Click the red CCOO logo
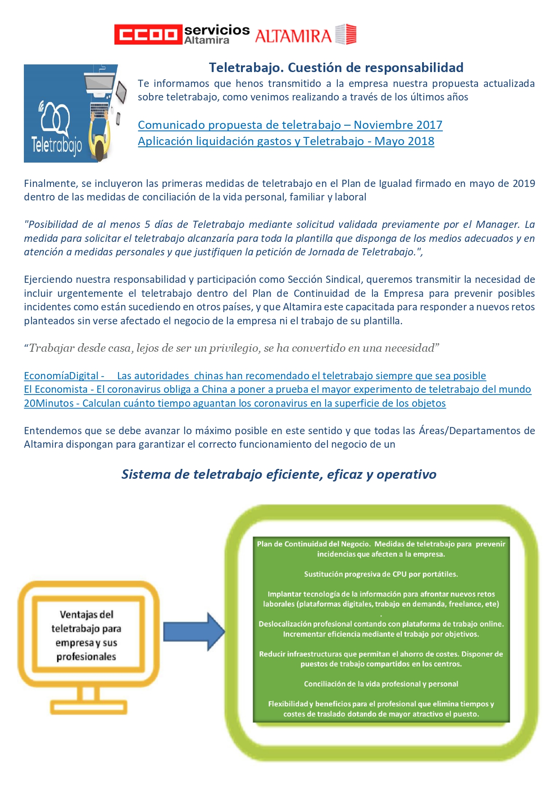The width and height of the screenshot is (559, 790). pyautogui.click(x=148, y=34)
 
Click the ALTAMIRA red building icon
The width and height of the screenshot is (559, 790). pyautogui.click(x=346, y=34)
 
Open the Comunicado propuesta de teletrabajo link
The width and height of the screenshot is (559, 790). pyautogui.click(x=290, y=125)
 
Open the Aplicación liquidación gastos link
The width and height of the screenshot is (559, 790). pyautogui.click(x=286, y=141)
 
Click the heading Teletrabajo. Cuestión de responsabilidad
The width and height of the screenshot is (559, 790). pyautogui.click(x=336, y=68)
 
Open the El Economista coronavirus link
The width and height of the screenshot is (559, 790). pyautogui.click(x=277, y=389)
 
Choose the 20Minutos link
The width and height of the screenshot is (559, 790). pyautogui.click(x=235, y=403)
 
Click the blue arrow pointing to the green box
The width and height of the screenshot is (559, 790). pyautogui.click(x=194, y=631)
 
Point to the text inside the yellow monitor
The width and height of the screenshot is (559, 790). pyautogui.click(x=86, y=635)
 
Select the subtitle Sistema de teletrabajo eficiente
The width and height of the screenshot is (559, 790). pyautogui.click(x=279, y=474)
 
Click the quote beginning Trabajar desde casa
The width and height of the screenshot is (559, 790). pyautogui.click(x=232, y=348)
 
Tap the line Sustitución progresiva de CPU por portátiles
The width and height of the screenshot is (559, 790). pyautogui.click(x=381, y=574)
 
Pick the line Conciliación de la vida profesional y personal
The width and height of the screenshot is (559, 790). pyautogui.click(x=381, y=684)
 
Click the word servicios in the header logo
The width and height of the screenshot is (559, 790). pyautogui.click(x=217, y=30)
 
